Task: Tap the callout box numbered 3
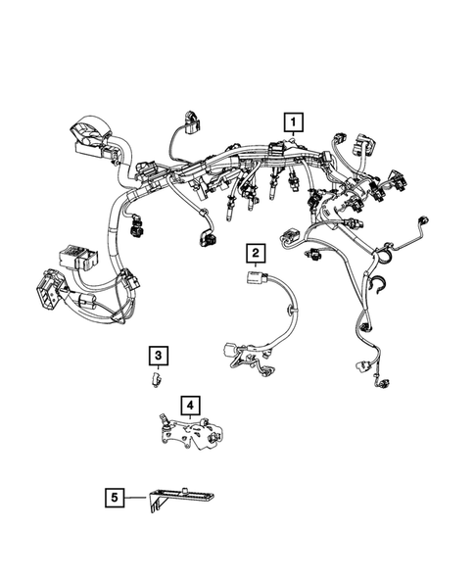point(157,355)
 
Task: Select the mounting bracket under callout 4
point(189,432)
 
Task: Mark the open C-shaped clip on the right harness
point(379,285)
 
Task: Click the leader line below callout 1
point(293,139)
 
